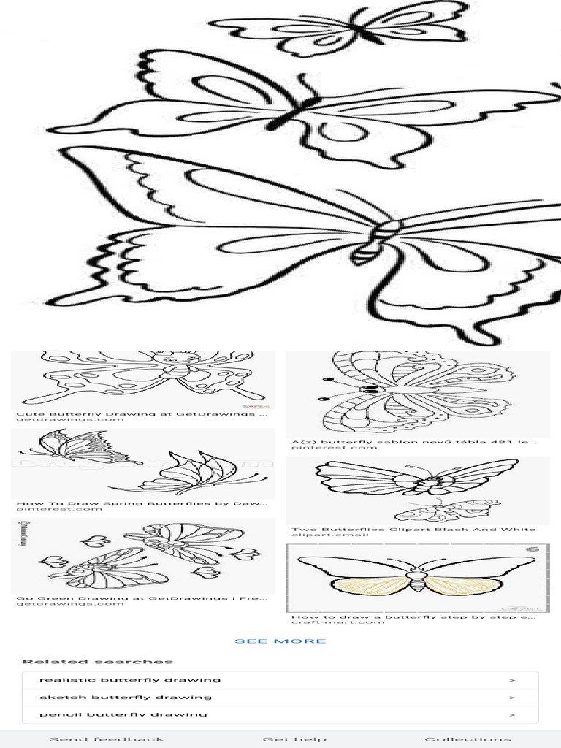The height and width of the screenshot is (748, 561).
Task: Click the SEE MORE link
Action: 280,641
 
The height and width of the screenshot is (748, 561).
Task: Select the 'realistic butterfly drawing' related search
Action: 130,679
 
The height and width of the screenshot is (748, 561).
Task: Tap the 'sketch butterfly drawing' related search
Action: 126,697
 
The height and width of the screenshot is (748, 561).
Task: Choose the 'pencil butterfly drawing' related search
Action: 123,714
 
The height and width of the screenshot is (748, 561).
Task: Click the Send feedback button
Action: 107,739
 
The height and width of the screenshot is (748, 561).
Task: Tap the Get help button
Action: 294,739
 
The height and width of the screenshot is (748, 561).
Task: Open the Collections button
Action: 467,739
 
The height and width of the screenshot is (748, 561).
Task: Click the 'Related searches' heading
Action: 97,662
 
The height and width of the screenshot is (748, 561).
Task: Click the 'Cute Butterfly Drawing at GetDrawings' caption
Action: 142,413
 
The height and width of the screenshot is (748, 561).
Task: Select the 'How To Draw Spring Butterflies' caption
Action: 142,503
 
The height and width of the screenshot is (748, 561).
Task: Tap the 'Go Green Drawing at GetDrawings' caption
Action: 142,598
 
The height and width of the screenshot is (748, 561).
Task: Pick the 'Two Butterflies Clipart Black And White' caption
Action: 413,529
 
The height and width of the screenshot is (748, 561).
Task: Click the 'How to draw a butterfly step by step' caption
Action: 413,617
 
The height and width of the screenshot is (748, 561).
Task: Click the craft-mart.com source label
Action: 327,622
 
